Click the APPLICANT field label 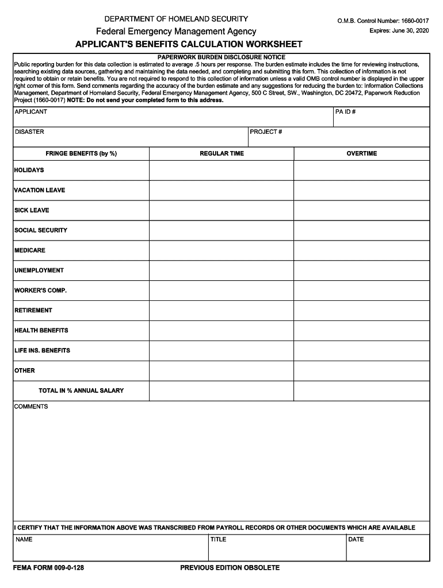[31, 112]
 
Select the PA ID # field [381, 117]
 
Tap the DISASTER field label [29, 132]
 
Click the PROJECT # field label [266, 132]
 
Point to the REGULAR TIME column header [221, 154]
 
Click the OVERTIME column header [361, 154]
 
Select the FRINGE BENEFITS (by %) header [81, 154]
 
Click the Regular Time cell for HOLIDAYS [221, 171]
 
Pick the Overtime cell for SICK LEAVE [361, 211]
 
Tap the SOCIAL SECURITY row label [41, 230]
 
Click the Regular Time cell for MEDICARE [221, 251]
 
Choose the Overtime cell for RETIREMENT [361, 311]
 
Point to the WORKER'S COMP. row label [41, 291]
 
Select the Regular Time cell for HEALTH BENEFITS [221, 331]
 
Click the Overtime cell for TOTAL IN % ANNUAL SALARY [361, 391]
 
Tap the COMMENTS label [31, 407]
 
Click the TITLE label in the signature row [219, 540]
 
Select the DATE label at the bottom [356, 540]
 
